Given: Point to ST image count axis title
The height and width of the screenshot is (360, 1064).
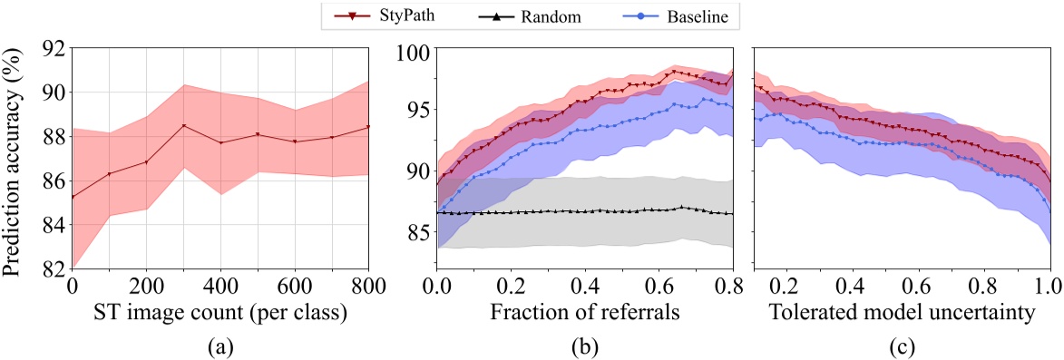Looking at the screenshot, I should (x=219, y=314).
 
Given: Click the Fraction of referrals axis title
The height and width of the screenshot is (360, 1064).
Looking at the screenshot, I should (x=584, y=314).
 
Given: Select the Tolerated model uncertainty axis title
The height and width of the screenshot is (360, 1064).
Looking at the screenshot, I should (x=902, y=314).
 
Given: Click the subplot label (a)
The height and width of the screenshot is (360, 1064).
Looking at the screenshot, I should (x=219, y=345).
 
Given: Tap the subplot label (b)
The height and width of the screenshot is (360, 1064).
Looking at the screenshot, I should (x=584, y=345).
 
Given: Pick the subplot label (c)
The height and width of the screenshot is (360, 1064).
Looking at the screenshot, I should (x=902, y=345).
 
